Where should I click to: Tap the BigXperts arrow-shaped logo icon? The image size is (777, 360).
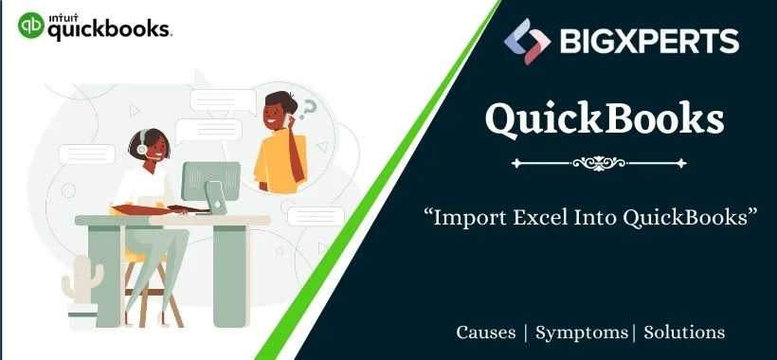(526, 41)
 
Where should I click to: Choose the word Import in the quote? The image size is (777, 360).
(463, 218)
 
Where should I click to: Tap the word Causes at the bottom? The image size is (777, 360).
(486, 333)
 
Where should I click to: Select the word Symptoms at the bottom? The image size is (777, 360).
(581, 333)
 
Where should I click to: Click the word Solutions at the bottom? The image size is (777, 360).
(684, 333)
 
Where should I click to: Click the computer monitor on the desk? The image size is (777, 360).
(209, 181)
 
